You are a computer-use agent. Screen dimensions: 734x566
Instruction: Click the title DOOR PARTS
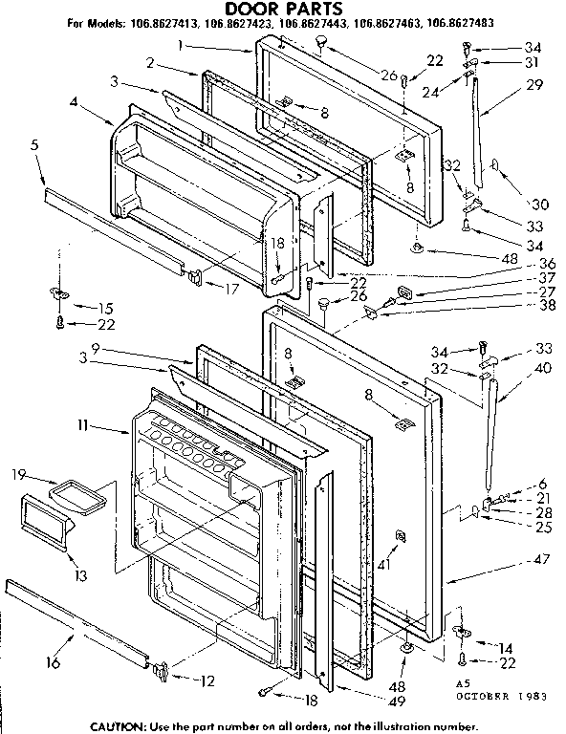pyautogui.click(x=282, y=9)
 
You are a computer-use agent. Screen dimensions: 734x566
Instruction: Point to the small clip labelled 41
pyautogui.click(x=400, y=537)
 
